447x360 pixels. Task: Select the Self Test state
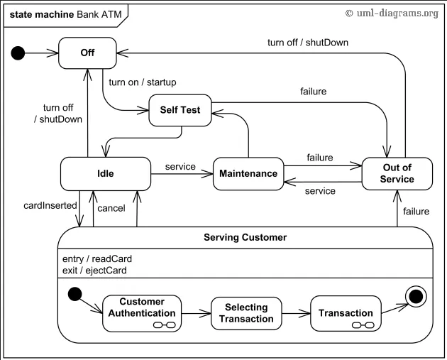[180, 110]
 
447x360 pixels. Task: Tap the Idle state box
[105, 173]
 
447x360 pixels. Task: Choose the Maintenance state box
[248, 174]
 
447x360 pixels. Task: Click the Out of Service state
[397, 173]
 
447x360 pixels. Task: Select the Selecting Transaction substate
[246, 312]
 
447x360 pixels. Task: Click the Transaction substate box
[346, 313]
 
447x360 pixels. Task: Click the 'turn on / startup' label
[143, 82]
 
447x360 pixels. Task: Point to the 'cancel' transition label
[111, 208]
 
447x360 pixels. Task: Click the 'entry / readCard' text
[97, 259]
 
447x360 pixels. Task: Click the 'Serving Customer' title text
[245, 237]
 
